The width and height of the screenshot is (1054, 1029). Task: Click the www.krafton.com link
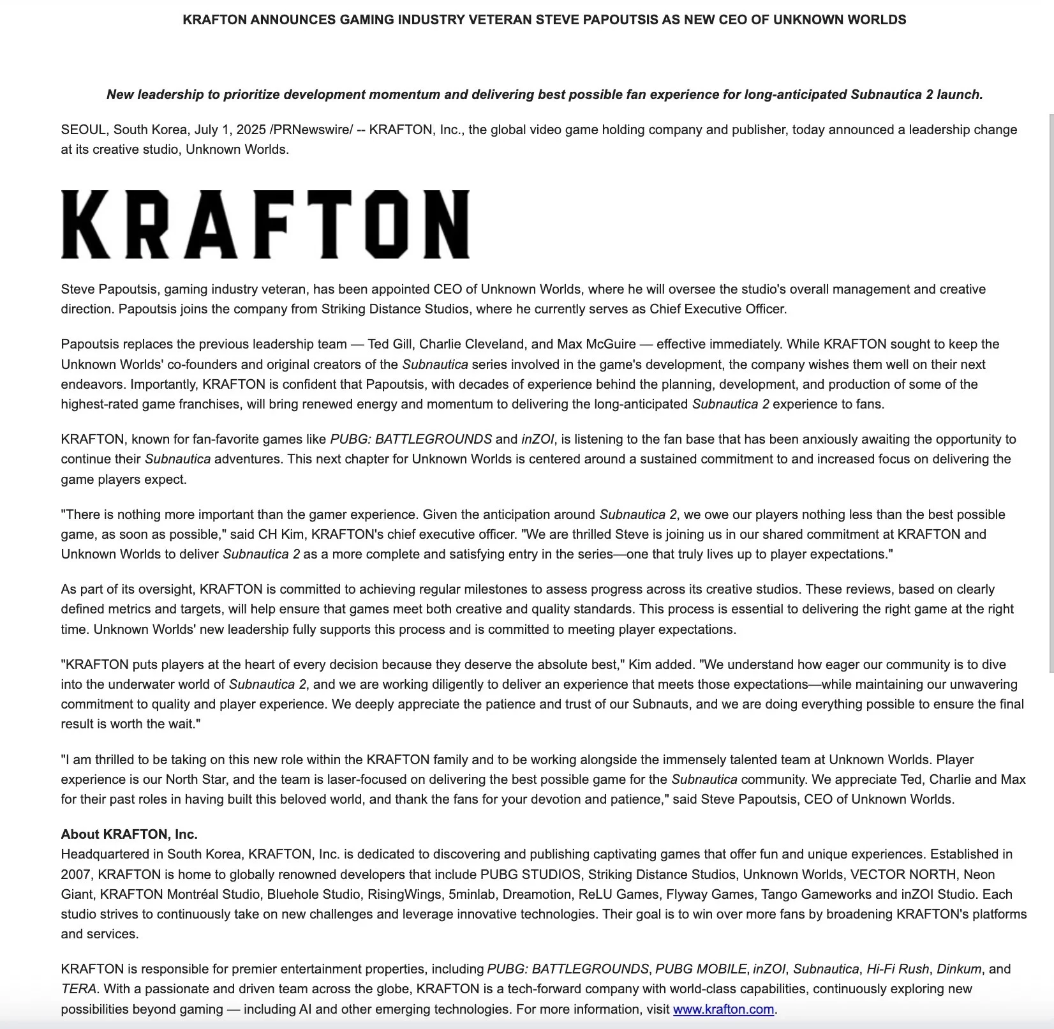point(723,1009)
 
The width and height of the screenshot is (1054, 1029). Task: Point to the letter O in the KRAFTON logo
point(387,224)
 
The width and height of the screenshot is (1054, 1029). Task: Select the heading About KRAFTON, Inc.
point(129,834)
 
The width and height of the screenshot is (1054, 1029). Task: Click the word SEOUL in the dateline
point(84,130)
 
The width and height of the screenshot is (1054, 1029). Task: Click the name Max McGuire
point(596,344)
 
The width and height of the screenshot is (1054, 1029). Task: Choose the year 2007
point(76,875)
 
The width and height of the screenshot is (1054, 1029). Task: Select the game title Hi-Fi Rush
point(897,969)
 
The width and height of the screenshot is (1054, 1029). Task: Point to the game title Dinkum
point(958,969)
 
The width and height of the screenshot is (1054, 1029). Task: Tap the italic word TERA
point(78,989)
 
